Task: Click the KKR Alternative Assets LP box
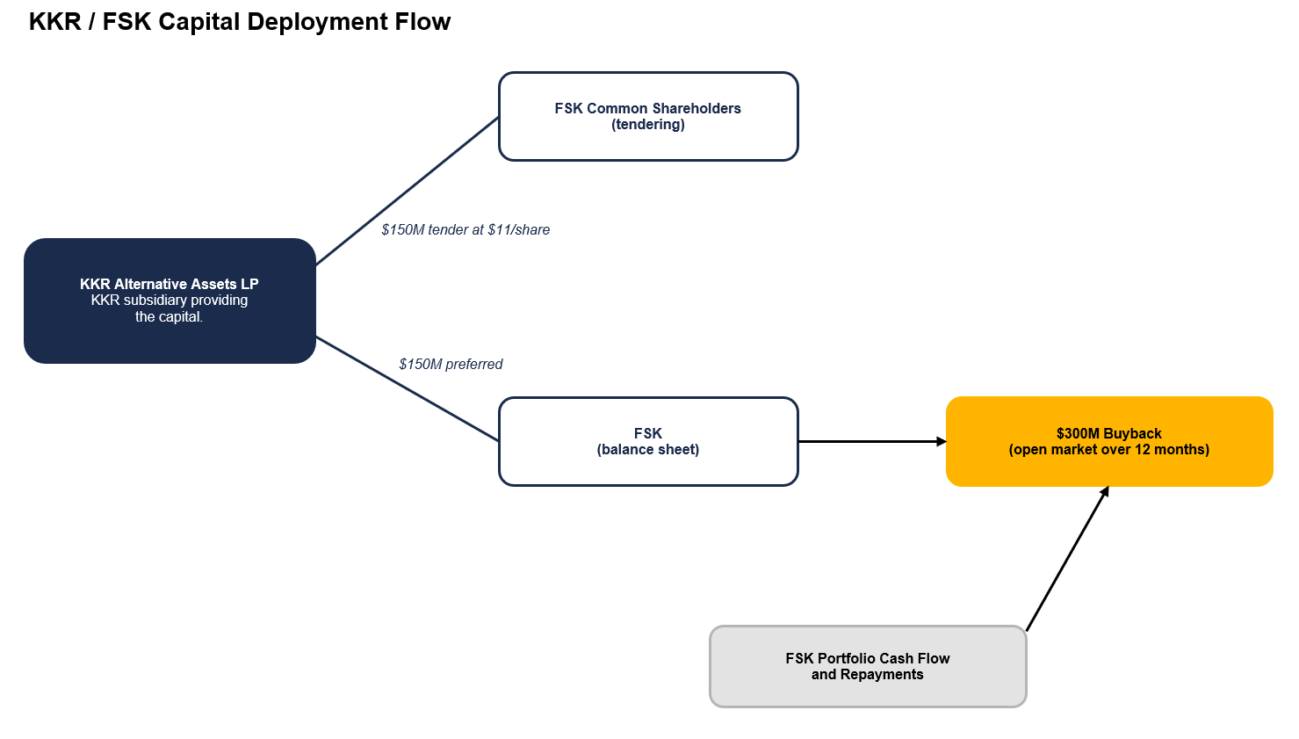pyautogui.click(x=170, y=301)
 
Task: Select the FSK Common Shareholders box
pyautogui.click(x=648, y=116)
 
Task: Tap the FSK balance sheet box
pyautogui.click(x=648, y=441)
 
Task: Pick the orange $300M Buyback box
pyautogui.click(x=1109, y=441)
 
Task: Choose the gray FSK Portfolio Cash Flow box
pyautogui.click(x=868, y=666)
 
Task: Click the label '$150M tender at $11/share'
pyautogui.click(x=465, y=229)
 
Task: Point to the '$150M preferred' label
pyautogui.click(x=451, y=365)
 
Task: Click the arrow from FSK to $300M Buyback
pyautogui.click(x=873, y=441)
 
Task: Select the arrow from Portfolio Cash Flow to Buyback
pyautogui.click(x=1068, y=559)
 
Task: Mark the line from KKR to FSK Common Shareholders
pyautogui.click(x=408, y=191)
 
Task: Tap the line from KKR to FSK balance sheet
pyautogui.click(x=408, y=388)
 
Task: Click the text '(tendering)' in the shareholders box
pyautogui.click(x=648, y=125)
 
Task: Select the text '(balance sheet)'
pyautogui.click(x=648, y=450)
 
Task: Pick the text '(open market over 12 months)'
pyautogui.click(x=1109, y=450)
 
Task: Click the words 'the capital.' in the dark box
pyautogui.click(x=170, y=316)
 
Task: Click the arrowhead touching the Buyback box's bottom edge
pyautogui.click(x=1105, y=492)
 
